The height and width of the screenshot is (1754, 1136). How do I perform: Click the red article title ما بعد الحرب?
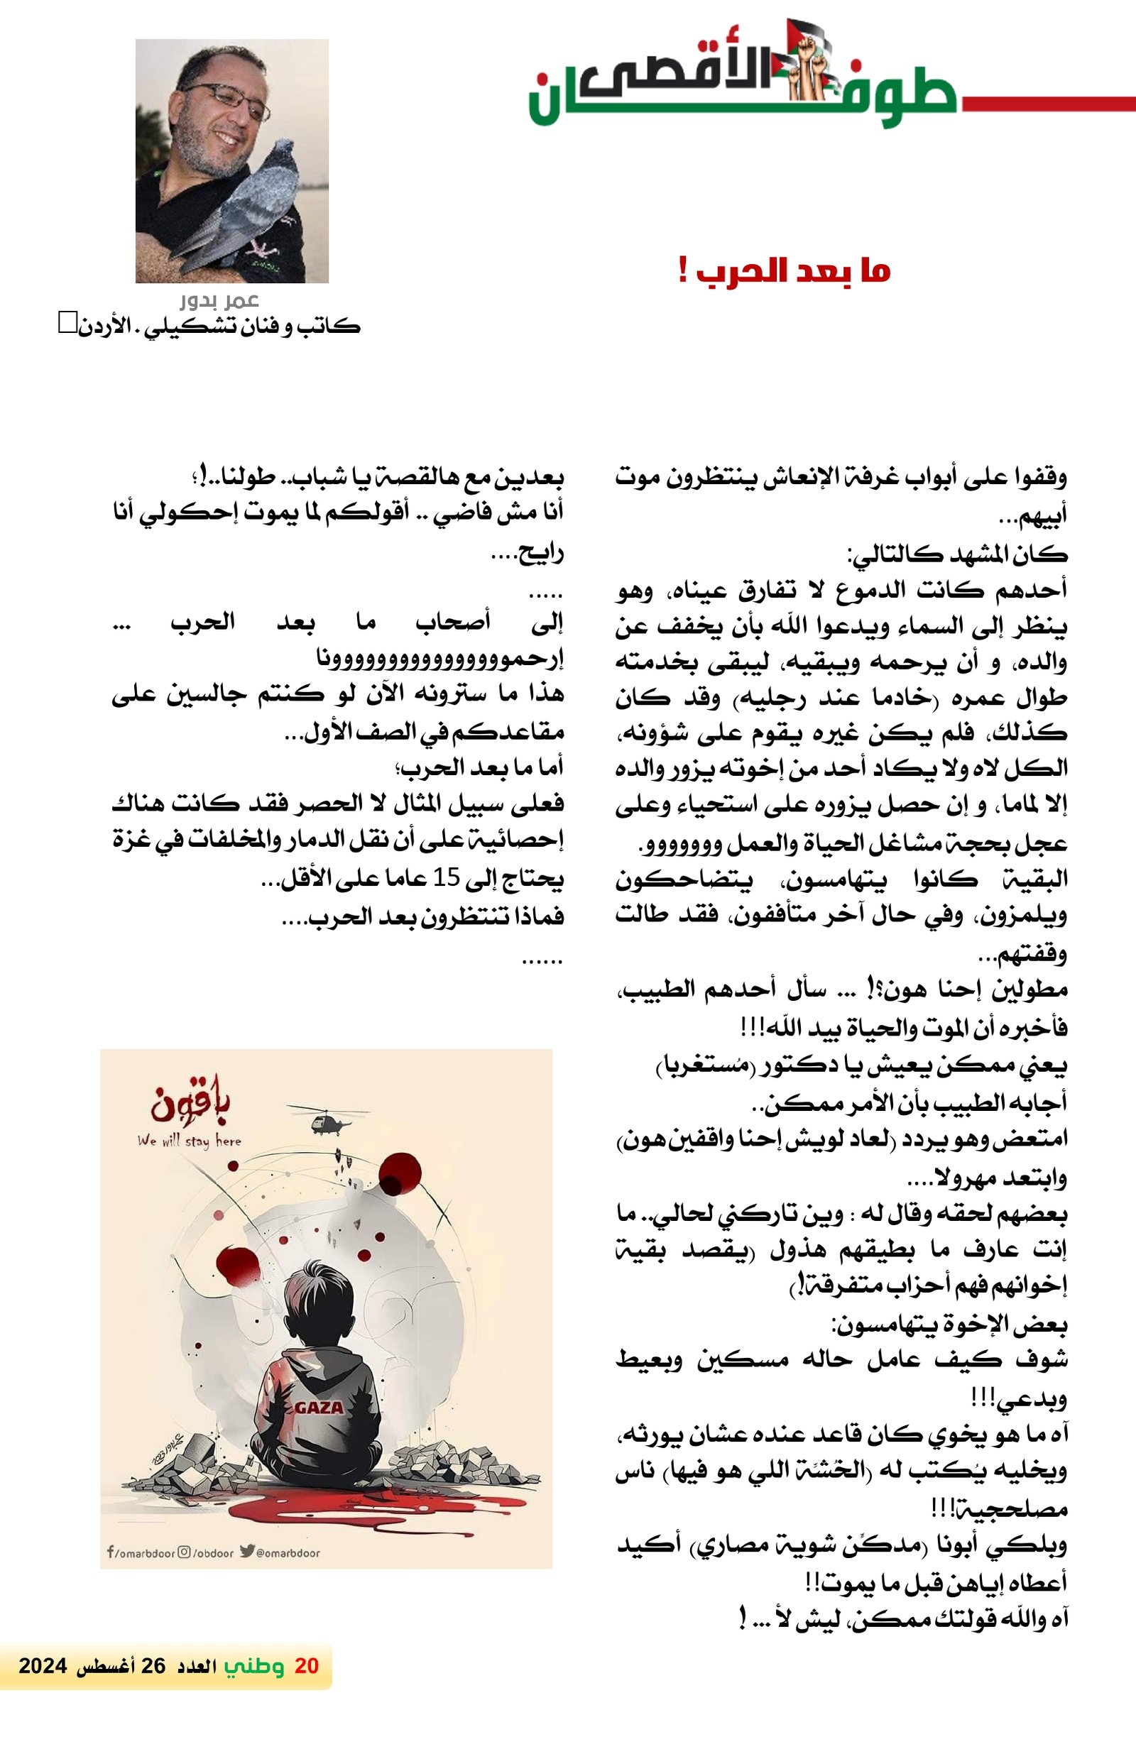click(785, 271)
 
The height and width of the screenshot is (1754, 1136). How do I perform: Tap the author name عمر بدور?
click(219, 301)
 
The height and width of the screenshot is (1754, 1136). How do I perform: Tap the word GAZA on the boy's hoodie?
click(319, 1407)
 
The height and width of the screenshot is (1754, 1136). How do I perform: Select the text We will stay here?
click(189, 1141)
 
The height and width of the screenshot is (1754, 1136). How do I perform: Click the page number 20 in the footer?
click(306, 1665)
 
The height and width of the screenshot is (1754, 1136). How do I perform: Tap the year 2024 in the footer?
click(43, 1665)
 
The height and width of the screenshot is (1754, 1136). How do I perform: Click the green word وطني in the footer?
click(254, 1665)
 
